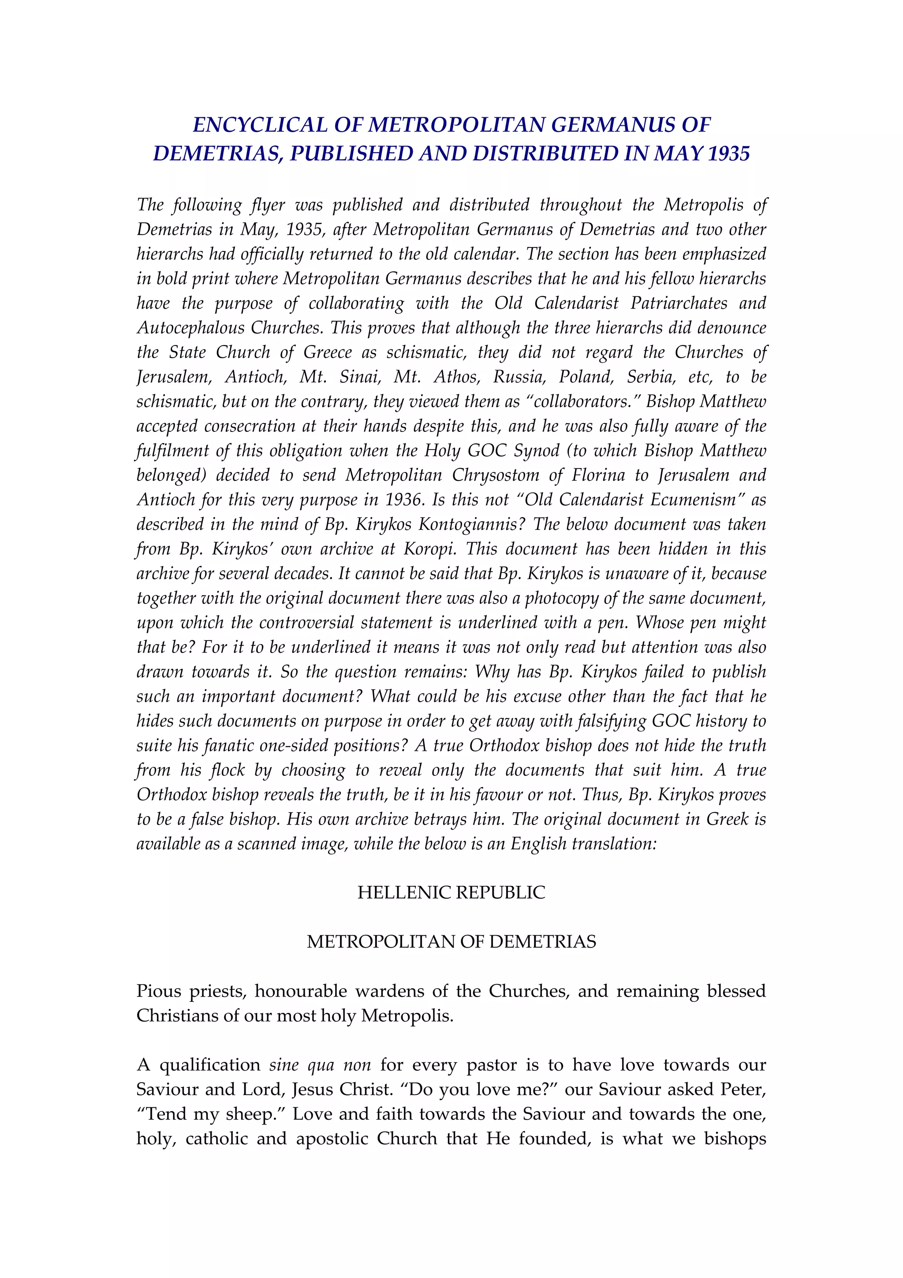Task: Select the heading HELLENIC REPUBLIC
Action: (x=451, y=892)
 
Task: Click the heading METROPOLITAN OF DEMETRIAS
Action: (x=451, y=941)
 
